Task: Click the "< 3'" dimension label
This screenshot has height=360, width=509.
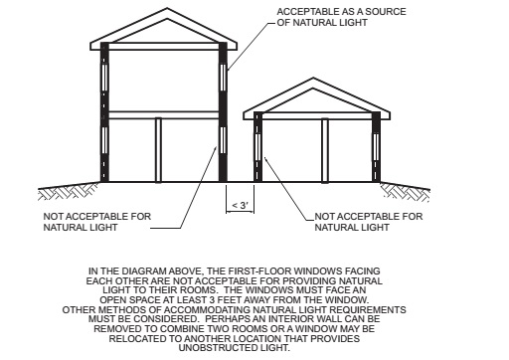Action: pyautogui.click(x=241, y=206)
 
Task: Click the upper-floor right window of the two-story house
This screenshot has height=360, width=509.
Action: pyautogui.click(x=223, y=78)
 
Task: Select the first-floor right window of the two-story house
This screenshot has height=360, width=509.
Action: pyautogui.click(x=223, y=140)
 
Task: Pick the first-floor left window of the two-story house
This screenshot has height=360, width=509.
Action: pyautogui.click(x=104, y=140)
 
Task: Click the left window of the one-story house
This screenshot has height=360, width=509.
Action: pyautogui.click(x=258, y=147)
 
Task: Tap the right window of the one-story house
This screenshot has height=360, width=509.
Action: pyautogui.click(x=376, y=147)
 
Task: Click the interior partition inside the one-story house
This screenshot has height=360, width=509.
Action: pyautogui.click(x=325, y=150)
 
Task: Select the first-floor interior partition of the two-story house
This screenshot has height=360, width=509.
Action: pyautogui.click(x=158, y=150)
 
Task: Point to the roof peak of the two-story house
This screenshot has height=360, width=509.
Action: pyautogui.click(x=167, y=9)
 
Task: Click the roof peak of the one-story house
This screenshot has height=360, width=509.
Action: pyautogui.click(x=313, y=79)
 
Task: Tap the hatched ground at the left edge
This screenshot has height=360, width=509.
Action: pyautogui.click(x=68, y=192)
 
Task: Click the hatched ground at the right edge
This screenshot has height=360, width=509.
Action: pyautogui.click(x=406, y=192)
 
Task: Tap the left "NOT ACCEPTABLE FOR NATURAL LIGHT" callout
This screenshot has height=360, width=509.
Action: pyautogui.click(x=97, y=222)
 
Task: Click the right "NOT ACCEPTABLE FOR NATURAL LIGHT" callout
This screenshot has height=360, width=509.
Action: pyautogui.click(x=369, y=222)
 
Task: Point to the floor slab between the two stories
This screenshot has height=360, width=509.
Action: pyautogui.click(x=164, y=115)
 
